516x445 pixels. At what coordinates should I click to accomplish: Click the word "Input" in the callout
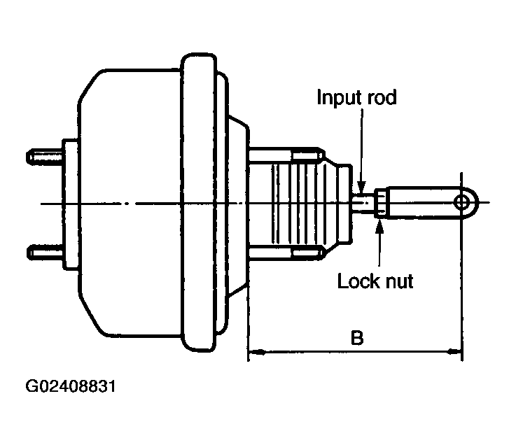(339, 98)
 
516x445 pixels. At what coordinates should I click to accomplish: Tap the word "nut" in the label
(398, 282)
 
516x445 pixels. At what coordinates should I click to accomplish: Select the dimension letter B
(357, 338)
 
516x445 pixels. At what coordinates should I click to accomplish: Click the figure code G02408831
(71, 386)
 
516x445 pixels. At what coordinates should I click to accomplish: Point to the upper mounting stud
(45, 155)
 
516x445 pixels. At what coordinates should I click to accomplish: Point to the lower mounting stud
(45, 253)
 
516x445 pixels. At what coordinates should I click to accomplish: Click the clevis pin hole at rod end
(462, 203)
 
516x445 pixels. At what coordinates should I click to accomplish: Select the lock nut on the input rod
(379, 203)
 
